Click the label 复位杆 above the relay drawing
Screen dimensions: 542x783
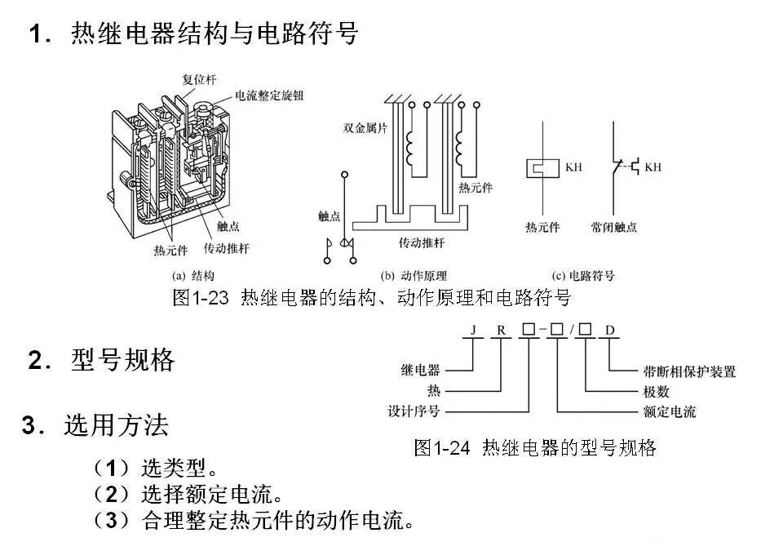pyautogui.click(x=200, y=79)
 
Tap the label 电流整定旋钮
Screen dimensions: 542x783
pyautogui.click(x=269, y=96)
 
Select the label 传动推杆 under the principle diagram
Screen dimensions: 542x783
pyautogui.click(x=422, y=243)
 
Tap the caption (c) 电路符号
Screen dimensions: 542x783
pyautogui.click(x=584, y=276)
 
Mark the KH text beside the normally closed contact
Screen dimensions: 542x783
pyautogui.click(x=652, y=167)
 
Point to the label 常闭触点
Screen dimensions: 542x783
pyautogui.click(x=614, y=227)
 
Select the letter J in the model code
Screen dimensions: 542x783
pyautogui.click(x=472, y=331)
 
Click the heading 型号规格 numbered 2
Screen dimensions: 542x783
pyautogui.click(x=122, y=360)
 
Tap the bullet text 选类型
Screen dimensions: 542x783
pyautogui.click(x=179, y=469)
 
